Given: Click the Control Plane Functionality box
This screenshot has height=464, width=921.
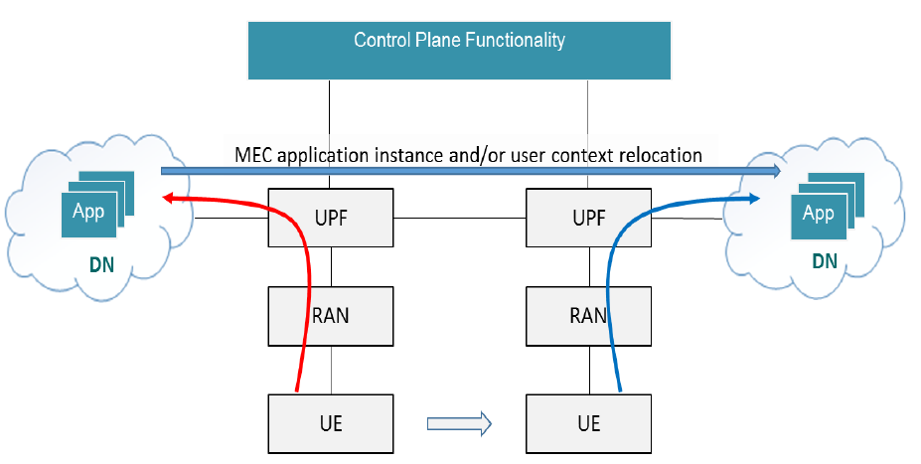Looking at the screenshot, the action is coord(459,51).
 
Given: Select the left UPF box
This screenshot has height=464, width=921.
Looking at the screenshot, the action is coord(331,218).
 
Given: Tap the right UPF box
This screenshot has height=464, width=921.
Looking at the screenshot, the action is coord(588,218).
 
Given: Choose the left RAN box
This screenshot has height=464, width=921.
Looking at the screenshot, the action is coord(331,316).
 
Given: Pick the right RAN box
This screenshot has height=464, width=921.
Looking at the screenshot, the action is coord(588,316).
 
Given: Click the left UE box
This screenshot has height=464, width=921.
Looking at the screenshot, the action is coord(331,423).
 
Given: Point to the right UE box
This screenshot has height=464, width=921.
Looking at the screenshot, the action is coord(588,423).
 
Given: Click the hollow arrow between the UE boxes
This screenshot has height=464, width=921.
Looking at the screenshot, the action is coord(459,423).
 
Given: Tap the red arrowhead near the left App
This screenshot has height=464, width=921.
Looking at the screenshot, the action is coord(168,199).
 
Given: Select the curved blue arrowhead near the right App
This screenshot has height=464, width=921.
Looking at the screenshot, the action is coord(754,199).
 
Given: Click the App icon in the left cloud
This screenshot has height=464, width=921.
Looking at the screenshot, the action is coord(98,205).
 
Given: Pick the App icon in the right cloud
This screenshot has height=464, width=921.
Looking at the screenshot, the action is coord(827,206).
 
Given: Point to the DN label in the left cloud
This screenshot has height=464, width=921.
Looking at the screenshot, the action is coord(101,265).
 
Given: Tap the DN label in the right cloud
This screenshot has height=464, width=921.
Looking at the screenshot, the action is coord(825,260).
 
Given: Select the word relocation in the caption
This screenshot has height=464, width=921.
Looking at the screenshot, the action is coord(661,155).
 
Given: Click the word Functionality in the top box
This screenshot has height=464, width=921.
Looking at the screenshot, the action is coord(515,40).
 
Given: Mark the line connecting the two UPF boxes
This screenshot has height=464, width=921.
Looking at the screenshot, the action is coord(460,218).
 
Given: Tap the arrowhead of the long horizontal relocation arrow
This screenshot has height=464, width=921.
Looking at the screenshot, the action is coord(774,171).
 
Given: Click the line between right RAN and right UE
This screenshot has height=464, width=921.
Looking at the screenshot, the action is coord(590,370).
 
